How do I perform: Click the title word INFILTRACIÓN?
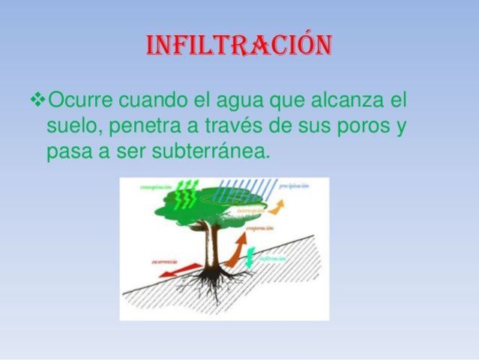tap(238, 46)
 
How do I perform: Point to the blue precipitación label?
tap(295, 184)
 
